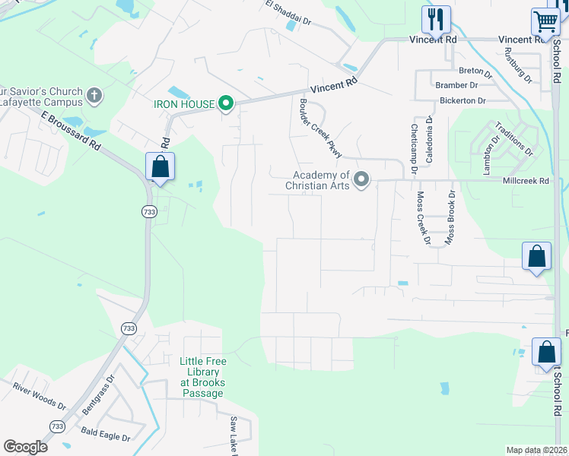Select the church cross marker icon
[94, 96]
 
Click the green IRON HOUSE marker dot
[225, 103]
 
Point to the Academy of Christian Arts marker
[361, 179]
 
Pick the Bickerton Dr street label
[462, 100]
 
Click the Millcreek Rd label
[526, 181]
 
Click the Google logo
[26, 446]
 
